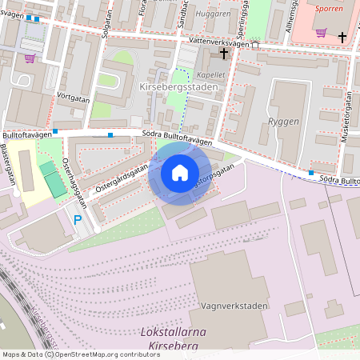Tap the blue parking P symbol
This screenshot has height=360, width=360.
78,219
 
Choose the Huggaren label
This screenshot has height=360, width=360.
212,14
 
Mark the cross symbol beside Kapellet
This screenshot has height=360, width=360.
224,54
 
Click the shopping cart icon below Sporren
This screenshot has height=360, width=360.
321,33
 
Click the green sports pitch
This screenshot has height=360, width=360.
53,180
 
